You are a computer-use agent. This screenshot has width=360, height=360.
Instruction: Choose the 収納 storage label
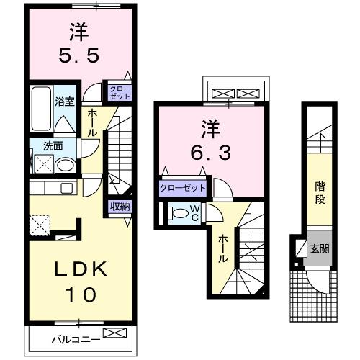click(120, 207)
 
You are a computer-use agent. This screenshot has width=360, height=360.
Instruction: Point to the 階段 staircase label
click(319, 193)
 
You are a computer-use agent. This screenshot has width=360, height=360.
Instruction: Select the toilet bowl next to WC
click(177, 214)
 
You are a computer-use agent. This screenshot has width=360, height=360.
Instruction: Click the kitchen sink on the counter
click(66, 189)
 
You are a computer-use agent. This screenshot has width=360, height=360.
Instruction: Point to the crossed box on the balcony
click(114, 333)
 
